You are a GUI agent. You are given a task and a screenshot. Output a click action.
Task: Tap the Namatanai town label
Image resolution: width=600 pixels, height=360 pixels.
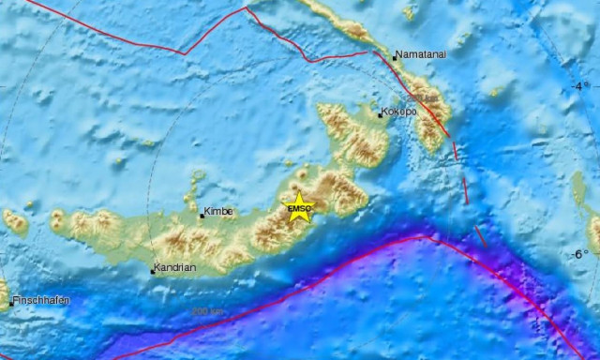pos(419,55)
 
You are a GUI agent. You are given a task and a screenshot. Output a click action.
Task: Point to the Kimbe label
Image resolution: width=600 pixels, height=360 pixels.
pos(217,213)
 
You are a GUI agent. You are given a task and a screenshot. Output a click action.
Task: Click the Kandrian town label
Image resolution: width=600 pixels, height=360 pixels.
pos(175,268)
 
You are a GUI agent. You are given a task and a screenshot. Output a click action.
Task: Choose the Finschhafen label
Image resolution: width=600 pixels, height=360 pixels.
pos(41,300)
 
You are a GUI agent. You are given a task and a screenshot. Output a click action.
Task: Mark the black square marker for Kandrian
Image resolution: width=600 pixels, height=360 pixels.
pos(152,272)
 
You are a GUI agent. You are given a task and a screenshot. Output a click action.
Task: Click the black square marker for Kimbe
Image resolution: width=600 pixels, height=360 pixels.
pos(201,216)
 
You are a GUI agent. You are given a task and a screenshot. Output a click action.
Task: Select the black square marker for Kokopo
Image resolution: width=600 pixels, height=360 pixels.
pos(380,115)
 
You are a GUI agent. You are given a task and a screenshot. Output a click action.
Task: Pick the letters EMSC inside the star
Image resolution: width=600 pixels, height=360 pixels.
pos(298,208)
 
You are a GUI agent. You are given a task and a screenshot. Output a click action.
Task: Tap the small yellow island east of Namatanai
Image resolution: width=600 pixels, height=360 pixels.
pos(494,92)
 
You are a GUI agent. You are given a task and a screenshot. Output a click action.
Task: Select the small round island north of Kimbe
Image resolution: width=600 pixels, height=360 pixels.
pos(197,175)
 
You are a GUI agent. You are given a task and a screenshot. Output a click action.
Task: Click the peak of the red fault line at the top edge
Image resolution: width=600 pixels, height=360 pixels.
pos(247,8)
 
